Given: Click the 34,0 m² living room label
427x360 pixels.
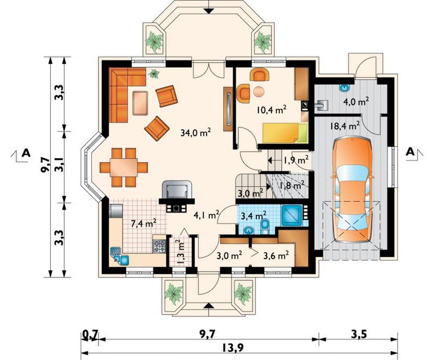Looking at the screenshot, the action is [196, 133].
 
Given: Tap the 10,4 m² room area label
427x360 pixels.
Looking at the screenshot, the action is [271, 109].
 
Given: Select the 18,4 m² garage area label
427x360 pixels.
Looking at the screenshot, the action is [345, 126].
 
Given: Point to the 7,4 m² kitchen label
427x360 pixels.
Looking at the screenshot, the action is [143, 223].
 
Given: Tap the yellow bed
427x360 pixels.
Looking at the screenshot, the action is [285, 133].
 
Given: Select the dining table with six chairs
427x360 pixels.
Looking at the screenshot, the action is [124, 167].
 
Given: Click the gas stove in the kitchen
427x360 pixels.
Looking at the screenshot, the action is [159, 246].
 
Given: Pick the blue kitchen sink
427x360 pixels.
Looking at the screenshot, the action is [120, 256].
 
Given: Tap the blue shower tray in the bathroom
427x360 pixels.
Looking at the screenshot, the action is [292, 215].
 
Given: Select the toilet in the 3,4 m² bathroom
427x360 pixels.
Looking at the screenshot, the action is [265, 227].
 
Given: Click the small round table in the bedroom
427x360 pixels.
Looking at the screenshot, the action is [259, 91].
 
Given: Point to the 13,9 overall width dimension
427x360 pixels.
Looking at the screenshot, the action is [232, 348].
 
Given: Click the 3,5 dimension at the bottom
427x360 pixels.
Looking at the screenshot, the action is [358, 334].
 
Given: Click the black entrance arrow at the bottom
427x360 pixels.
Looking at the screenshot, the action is [208, 305].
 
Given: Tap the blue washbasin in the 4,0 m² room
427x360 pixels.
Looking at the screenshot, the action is [344, 88].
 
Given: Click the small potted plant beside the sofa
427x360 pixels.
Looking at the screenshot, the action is [154, 73].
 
